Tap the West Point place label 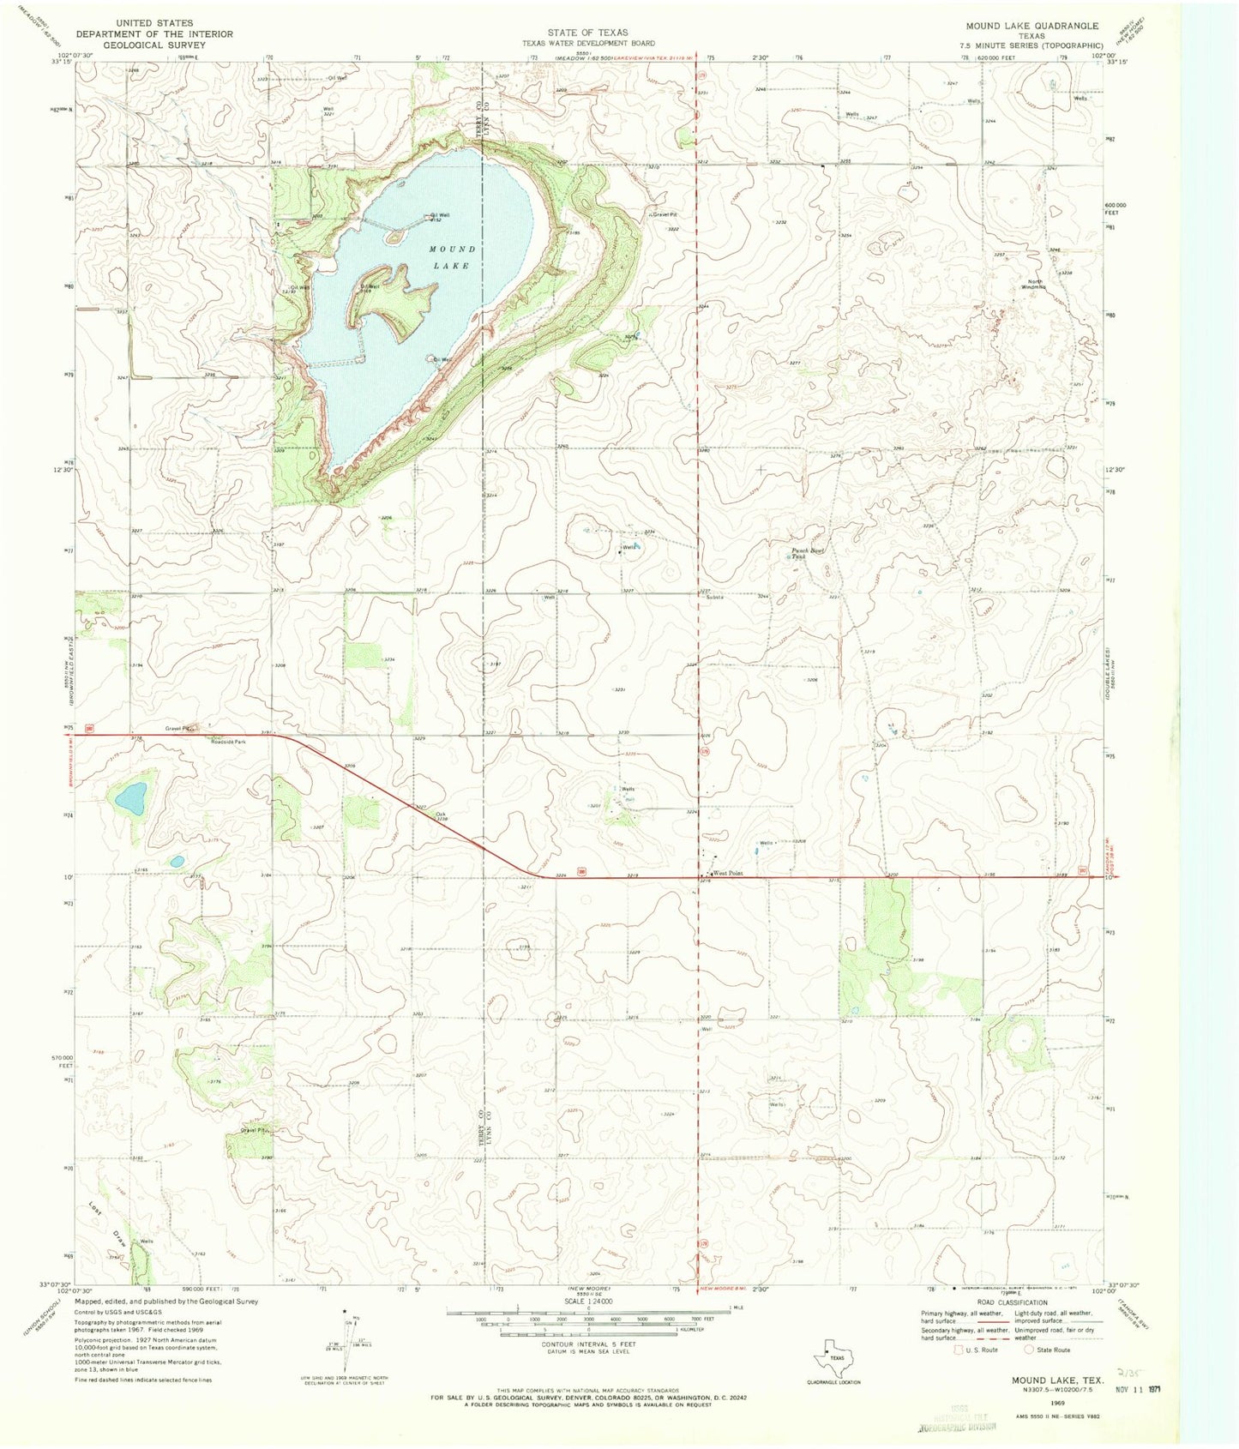pyautogui.click(x=727, y=874)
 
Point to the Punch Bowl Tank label pyautogui.click(x=806, y=553)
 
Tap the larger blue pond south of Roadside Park pyautogui.click(x=131, y=798)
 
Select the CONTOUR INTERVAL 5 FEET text pyautogui.click(x=588, y=1343)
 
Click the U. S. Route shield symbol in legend pyautogui.click(x=958, y=1350)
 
